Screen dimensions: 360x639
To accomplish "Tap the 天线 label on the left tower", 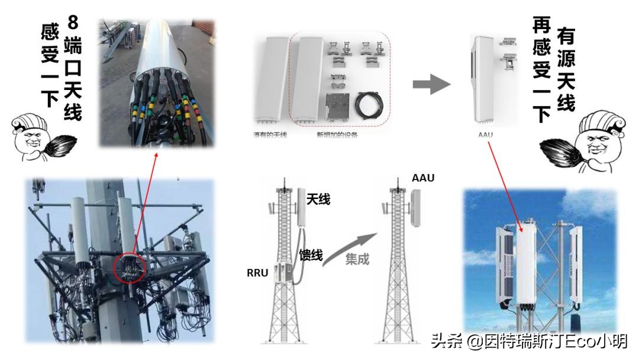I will [x=318, y=200].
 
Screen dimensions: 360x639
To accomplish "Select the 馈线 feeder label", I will [x=311, y=255].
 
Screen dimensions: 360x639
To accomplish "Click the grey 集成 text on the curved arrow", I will [x=357, y=259].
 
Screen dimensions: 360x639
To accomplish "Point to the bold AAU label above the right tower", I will [x=423, y=178].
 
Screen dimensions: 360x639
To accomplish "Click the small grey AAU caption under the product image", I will [x=485, y=135].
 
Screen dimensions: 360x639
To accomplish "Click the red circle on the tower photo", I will [x=130, y=267].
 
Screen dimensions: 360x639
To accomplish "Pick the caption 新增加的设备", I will [x=337, y=135].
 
